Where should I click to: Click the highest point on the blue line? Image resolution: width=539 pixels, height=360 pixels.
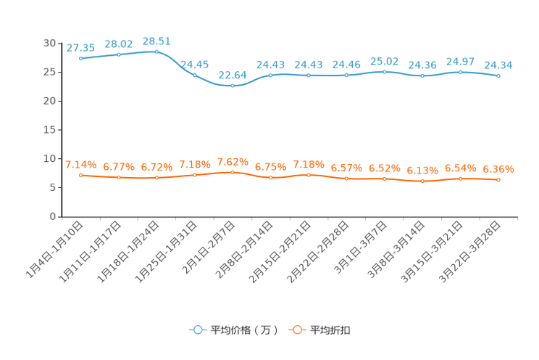156,52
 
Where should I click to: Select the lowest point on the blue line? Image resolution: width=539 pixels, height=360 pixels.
233,85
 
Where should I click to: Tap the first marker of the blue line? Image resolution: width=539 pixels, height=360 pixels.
80,58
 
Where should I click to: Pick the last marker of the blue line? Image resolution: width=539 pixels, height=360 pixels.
498,75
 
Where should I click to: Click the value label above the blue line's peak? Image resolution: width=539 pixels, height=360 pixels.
156,41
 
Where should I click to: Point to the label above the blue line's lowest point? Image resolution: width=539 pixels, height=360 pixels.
233,74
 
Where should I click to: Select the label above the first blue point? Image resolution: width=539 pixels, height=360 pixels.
80,48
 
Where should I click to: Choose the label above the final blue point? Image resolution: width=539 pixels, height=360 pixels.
498,65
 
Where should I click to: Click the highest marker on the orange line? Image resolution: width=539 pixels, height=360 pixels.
233,172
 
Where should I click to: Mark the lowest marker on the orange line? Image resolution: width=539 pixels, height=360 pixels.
422,181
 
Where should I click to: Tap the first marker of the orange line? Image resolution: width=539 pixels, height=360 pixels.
80,175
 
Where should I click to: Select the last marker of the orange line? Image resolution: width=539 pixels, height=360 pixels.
498,179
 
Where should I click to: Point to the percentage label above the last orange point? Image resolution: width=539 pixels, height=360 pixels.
498,169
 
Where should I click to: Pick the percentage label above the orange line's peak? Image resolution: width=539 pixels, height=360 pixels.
233,161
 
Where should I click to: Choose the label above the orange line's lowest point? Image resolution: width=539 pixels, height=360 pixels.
422,171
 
